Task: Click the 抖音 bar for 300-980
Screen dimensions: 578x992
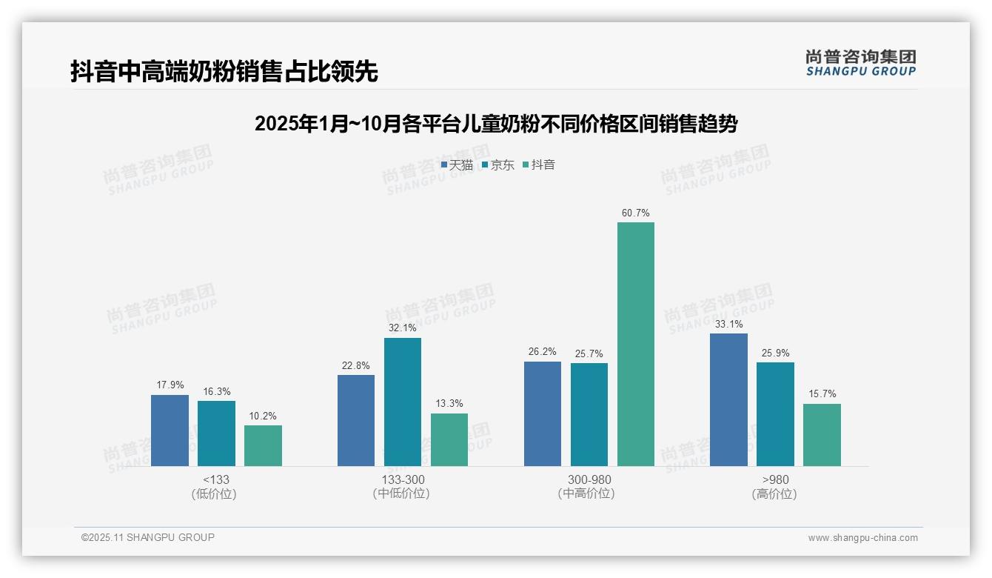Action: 636,344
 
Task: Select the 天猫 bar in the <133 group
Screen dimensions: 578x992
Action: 170,431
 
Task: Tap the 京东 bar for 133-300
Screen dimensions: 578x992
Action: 402,402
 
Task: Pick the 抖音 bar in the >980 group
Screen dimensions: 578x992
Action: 822,435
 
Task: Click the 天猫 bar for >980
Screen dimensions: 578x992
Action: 728,399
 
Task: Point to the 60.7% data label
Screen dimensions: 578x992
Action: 636,213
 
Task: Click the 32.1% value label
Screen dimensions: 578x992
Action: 402,328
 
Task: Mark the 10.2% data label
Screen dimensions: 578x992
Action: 263,416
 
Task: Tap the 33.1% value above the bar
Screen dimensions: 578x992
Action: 728,325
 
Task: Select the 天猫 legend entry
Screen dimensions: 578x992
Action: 458,165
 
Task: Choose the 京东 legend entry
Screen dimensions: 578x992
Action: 498,165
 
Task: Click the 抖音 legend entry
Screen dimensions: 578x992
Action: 539,165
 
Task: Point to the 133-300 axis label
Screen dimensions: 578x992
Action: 402,480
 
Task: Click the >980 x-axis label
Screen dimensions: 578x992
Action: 774,480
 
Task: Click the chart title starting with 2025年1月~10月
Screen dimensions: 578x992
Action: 496,124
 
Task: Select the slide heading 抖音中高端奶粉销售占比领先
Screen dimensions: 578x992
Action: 224,71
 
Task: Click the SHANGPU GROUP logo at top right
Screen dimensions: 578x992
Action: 860,63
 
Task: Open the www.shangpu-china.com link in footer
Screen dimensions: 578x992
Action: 862,538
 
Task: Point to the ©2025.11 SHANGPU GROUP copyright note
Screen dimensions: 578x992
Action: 148,537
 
